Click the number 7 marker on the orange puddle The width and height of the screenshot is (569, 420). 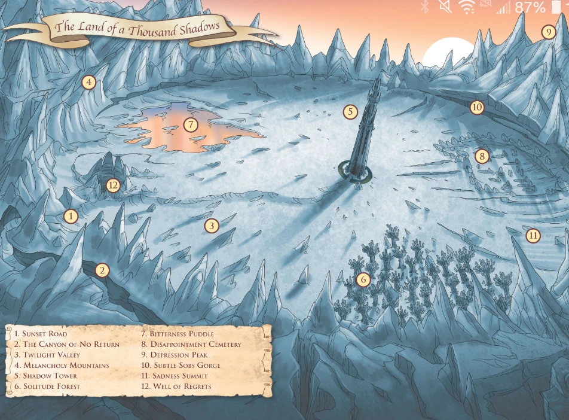[x=190, y=125]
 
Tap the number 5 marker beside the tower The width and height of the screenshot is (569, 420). [x=350, y=111]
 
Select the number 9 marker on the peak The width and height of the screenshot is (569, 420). [x=548, y=32]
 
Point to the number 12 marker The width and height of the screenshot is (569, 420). [x=114, y=185]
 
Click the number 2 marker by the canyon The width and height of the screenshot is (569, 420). [x=103, y=270]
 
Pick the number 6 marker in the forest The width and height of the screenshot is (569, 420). [x=363, y=279]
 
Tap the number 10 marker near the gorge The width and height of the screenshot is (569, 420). [x=476, y=108]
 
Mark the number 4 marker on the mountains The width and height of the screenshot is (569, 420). [x=89, y=82]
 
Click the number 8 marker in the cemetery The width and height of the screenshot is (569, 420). [x=482, y=157]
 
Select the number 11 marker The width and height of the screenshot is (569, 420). [x=533, y=236]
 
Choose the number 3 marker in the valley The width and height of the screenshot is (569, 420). [x=211, y=226]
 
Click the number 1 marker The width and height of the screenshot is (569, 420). [x=71, y=216]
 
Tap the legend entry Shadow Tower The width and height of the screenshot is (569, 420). [x=45, y=376]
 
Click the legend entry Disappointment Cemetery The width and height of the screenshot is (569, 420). [x=191, y=344]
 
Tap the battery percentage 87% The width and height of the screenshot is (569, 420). [x=530, y=7]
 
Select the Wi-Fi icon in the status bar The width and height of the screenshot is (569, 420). [x=466, y=7]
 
